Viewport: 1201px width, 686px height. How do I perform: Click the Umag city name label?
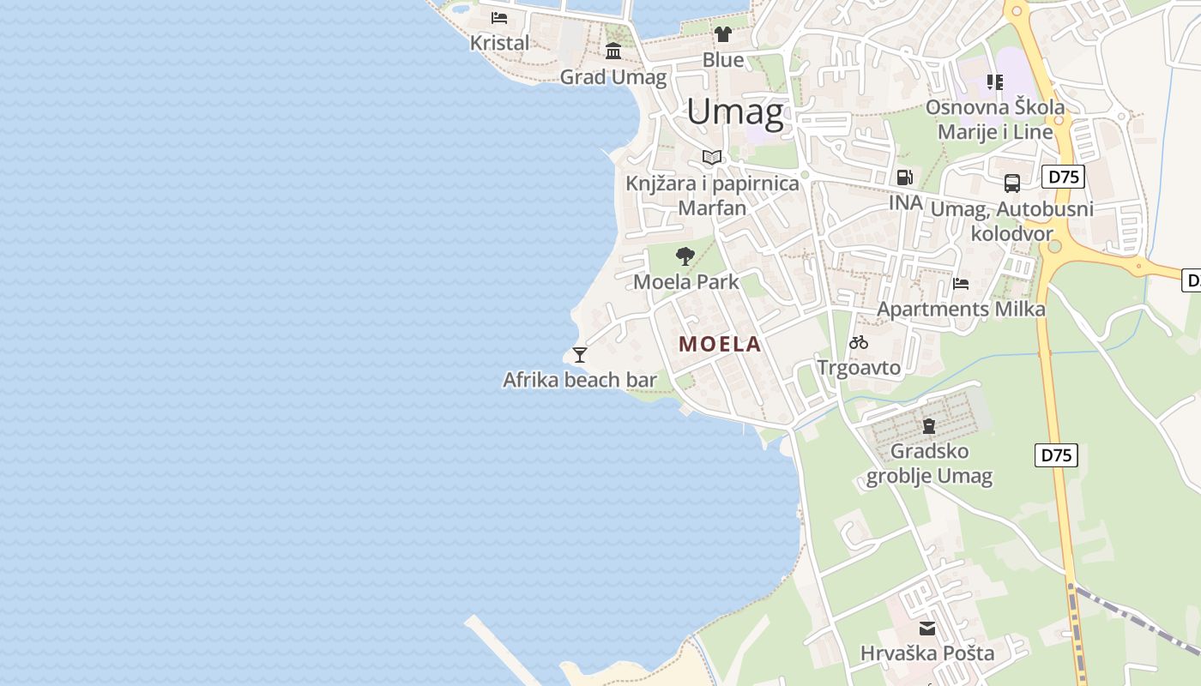pyautogui.click(x=735, y=112)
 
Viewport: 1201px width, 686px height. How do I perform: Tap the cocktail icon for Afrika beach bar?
pyautogui.click(x=580, y=354)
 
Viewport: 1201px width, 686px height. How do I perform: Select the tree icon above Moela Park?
pyautogui.click(x=685, y=256)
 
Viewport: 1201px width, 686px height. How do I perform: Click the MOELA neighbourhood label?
pyautogui.click(x=720, y=344)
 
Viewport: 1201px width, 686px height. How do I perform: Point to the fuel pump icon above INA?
pyautogui.click(x=904, y=178)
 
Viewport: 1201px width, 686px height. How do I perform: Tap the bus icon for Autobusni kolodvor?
pyautogui.click(x=1012, y=183)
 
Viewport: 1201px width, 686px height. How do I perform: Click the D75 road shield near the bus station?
pyautogui.click(x=1064, y=178)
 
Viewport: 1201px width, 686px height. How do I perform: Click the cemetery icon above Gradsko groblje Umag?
pyautogui.click(x=928, y=425)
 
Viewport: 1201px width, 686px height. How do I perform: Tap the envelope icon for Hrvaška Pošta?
pyautogui.click(x=927, y=629)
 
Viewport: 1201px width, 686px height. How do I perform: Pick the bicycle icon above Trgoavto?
pyautogui.click(x=859, y=342)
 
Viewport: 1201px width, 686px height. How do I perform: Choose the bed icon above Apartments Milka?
pyautogui.click(x=961, y=284)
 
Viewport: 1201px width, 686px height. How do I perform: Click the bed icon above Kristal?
pyautogui.click(x=499, y=17)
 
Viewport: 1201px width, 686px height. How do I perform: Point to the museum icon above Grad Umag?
pyautogui.click(x=613, y=51)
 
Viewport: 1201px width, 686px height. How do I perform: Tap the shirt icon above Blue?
pyautogui.click(x=723, y=34)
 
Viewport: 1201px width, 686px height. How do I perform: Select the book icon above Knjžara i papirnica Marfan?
pyautogui.click(x=711, y=157)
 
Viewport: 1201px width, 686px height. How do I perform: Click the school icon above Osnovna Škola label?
pyautogui.click(x=994, y=82)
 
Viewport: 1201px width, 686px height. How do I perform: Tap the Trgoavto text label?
pyautogui.click(x=859, y=368)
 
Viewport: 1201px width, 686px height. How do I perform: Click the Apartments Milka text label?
pyautogui.click(x=961, y=309)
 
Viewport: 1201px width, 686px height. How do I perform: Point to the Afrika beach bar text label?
pyautogui.click(x=580, y=380)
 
